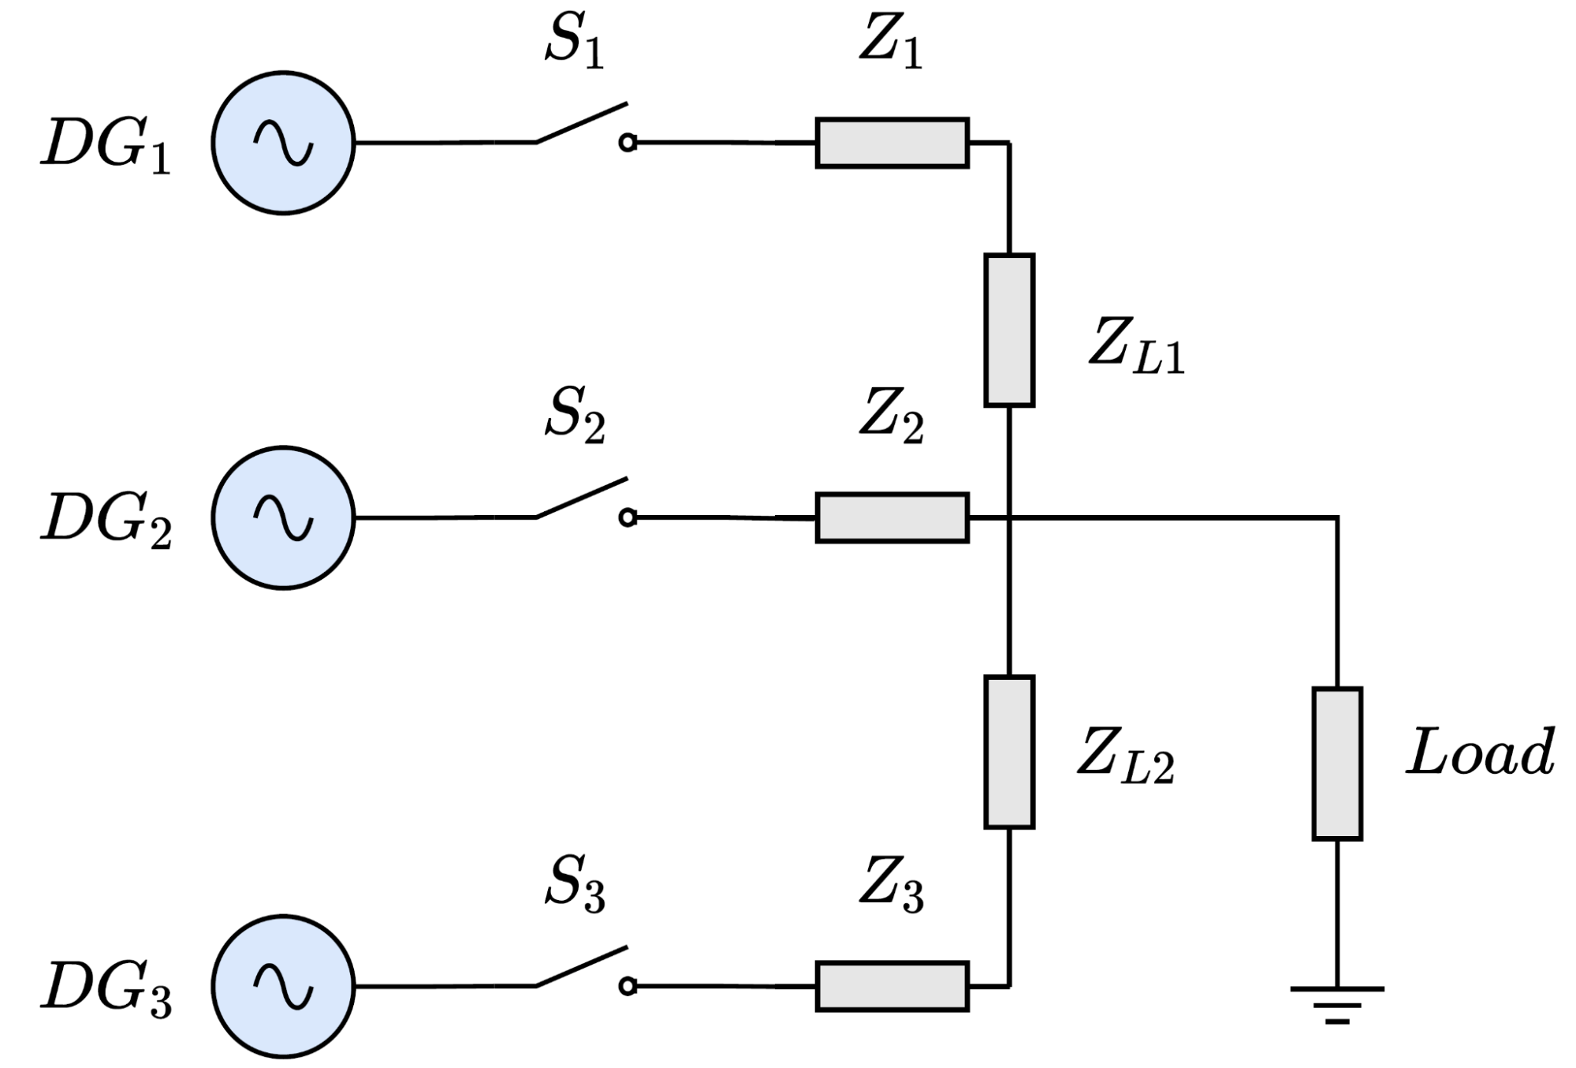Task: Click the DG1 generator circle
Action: point(283,143)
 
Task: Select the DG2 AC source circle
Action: point(283,517)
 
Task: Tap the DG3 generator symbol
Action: point(283,986)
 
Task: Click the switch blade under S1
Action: point(582,123)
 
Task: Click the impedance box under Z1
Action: point(892,143)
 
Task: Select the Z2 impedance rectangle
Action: point(892,517)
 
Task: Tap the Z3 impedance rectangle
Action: point(892,986)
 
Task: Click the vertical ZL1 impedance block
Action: point(1009,330)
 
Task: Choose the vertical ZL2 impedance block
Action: point(1009,752)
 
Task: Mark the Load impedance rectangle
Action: point(1337,764)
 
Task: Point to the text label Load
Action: point(1481,752)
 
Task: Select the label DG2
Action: point(106,520)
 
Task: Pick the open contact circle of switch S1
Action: point(628,143)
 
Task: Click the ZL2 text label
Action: point(1126,755)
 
